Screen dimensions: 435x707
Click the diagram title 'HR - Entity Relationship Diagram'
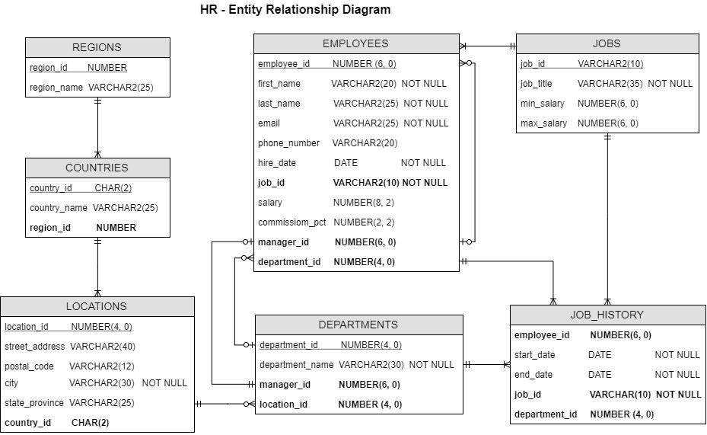[x=295, y=10]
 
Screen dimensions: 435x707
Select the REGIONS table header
[x=97, y=47]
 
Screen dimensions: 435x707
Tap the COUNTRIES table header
[x=97, y=168]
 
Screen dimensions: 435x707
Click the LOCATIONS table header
[x=97, y=306]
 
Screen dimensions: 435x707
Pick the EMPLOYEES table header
[x=355, y=43]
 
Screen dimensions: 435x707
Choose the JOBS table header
[x=607, y=43]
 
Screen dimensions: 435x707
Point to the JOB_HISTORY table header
[x=607, y=315]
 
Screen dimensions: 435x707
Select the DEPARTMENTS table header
[x=358, y=325]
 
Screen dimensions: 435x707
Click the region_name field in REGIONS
[x=56, y=88]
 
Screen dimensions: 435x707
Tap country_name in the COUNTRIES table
[x=59, y=208]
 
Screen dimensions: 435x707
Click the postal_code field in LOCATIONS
[x=30, y=366]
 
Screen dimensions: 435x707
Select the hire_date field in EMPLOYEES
[x=277, y=163]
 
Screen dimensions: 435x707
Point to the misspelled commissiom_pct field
[x=291, y=222]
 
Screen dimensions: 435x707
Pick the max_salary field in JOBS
[x=543, y=123]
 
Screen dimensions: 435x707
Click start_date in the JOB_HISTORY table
[x=535, y=355]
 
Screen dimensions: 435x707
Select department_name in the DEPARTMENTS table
[x=297, y=365]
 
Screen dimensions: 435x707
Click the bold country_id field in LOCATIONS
[x=28, y=423]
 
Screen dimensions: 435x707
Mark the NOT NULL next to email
[x=425, y=123]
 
